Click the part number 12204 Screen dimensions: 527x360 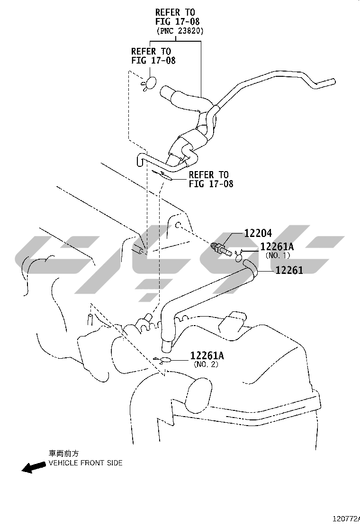tap(259, 233)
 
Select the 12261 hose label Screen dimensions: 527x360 tap(289, 270)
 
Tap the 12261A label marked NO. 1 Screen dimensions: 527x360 tap(277, 247)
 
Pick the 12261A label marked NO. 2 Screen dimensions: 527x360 tap(207, 356)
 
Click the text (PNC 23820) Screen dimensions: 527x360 tap(180, 31)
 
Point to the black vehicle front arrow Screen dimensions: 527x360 tap(33, 467)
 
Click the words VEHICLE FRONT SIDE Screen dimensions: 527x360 tap(86, 463)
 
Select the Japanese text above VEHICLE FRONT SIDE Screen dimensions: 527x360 tap(64, 454)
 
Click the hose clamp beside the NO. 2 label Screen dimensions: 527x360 tap(164, 360)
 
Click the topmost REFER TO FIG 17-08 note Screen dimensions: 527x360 tap(177, 17)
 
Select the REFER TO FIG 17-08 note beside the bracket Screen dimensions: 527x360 tap(211, 179)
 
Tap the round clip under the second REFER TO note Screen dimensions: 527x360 tap(149, 83)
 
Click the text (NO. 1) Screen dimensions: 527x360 tap(278, 255)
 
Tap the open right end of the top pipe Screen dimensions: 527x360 tap(331, 82)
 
